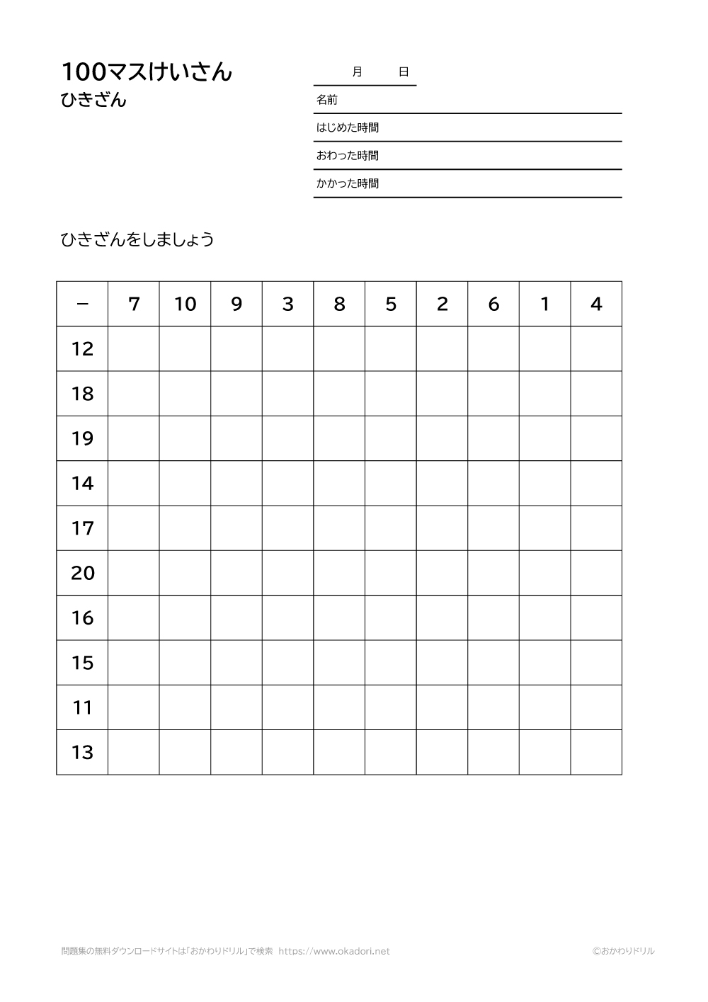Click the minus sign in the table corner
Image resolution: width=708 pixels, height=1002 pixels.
[82, 304]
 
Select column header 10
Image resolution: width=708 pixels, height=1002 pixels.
[185, 304]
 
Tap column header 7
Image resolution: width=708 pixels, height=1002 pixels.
[134, 304]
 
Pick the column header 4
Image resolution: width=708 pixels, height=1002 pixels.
[596, 304]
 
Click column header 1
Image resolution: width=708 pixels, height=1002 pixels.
[544, 304]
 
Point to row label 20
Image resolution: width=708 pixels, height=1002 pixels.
[82, 573]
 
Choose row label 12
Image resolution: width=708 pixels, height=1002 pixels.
[82, 349]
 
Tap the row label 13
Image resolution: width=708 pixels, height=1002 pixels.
[82, 752]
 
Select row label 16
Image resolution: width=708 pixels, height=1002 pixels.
[82, 618]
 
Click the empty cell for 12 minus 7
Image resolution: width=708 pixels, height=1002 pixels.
[134, 349]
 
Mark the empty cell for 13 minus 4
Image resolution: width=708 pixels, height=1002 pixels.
[596, 752]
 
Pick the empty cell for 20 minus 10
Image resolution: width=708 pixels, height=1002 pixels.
[185, 573]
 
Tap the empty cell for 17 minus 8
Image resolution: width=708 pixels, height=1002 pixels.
[339, 528]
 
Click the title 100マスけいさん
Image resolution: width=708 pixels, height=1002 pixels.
[147, 72]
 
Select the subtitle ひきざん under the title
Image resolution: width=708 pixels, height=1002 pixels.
[93, 101]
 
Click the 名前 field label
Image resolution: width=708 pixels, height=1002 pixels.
[327, 100]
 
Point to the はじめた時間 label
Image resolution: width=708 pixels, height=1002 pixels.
[348, 127]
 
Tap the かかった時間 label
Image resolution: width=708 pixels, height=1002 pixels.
[348, 183]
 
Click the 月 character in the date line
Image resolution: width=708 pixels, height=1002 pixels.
[357, 72]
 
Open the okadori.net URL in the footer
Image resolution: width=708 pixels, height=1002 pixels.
[334, 951]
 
